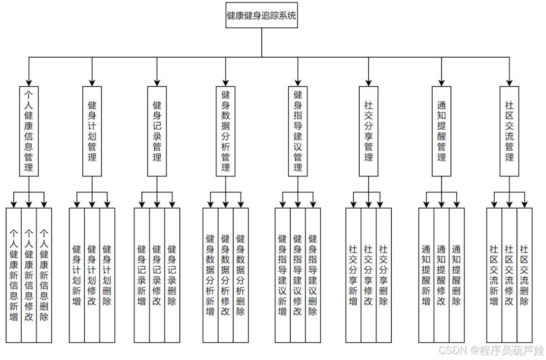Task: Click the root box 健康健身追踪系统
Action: (x=261, y=15)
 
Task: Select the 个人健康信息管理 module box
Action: (x=29, y=131)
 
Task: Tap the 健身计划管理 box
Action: (x=92, y=131)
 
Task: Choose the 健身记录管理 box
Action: (x=157, y=131)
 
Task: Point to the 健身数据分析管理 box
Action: (x=226, y=131)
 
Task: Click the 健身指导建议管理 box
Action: (x=298, y=131)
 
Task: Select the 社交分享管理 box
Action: (x=369, y=131)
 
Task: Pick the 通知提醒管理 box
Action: (x=442, y=131)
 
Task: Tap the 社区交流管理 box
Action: (x=510, y=131)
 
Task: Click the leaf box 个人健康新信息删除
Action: (x=44, y=275)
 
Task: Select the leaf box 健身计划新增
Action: (x=77, y=275)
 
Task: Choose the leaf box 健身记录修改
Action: (x=157, y=275)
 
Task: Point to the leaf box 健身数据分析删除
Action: (x=240, y=275)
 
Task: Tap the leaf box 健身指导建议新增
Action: (x=282, y=275)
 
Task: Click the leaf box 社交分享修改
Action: (x=369, y=275)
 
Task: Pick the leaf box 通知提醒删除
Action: (x=457, y=275)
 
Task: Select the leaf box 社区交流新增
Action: (x=494, y=275)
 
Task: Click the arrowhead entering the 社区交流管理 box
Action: (x=510, y=83)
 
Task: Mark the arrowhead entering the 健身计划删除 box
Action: (x=107, y=204)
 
